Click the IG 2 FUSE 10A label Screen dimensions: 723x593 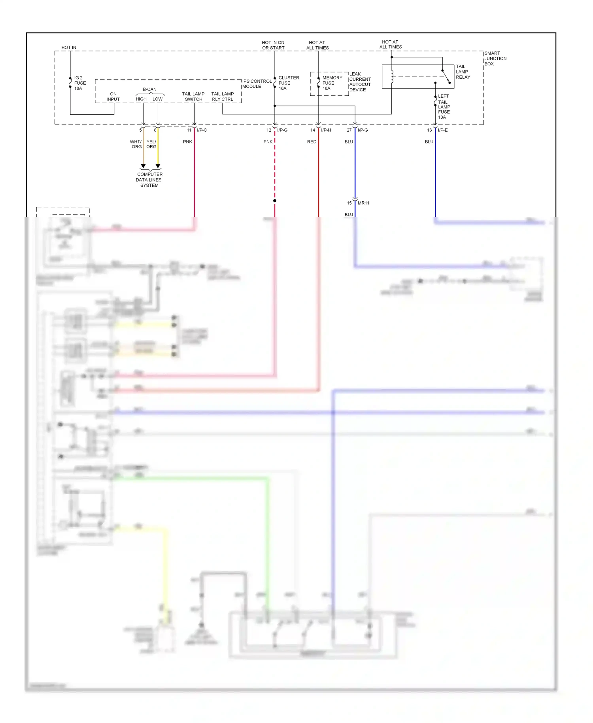(79, 83)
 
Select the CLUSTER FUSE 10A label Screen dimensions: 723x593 (288, 83)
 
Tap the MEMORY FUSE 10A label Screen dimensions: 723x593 (332, 83)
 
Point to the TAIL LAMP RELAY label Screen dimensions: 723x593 (463, 72)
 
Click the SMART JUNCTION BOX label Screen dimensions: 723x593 (495, 59)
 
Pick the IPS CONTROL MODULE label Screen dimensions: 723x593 (257, 84)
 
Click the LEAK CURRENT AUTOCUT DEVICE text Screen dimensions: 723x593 (360, 82)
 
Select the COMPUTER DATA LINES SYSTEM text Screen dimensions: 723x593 (149, 180)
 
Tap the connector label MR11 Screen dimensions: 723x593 (363, 203)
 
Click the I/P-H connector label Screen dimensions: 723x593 (326, 130)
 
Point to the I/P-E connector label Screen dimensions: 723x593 (443, 130)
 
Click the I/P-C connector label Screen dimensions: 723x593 (202, 130)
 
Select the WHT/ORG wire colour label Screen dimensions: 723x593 (136, 144)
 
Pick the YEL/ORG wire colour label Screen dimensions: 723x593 (151, 144)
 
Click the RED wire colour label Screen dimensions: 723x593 (312, 142)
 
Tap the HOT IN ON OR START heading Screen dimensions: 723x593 (273, 45)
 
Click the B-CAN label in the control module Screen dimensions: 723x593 (149, 89)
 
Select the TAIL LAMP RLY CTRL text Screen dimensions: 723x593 (222, 97)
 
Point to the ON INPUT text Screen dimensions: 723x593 (113, 97)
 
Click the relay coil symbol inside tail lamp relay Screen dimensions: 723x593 (392, 77)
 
